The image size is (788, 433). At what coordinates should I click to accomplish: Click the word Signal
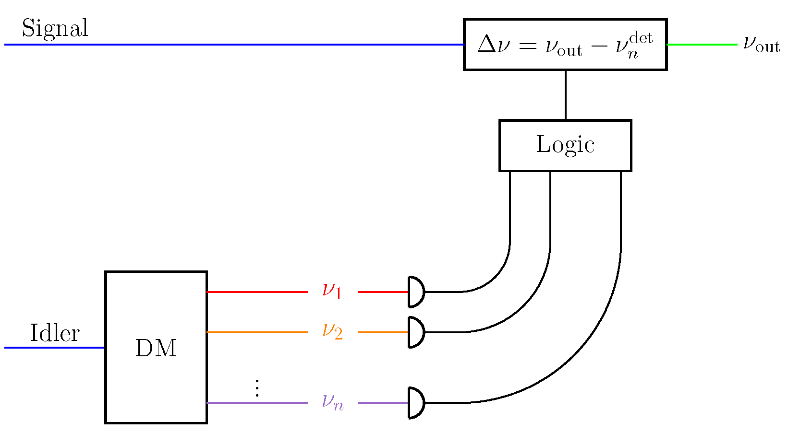click(x=55, y=29)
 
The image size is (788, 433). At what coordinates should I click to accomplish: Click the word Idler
click(x=54, y=333)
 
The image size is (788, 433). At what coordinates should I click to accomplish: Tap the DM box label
click(x=156, y=348)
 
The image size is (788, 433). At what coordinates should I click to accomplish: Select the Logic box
click(x=565, y=145)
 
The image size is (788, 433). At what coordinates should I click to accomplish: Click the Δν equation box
click(x=565, y=45)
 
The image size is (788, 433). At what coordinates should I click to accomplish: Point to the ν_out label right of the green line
click(x=761, y=44)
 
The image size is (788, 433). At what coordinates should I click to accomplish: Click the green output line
click(x=702, y=45)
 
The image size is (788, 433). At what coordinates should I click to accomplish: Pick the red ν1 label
click(x=332, y=291)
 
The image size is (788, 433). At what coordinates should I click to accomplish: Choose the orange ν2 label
click(x=332, y=331)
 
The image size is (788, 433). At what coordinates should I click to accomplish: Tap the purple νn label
click(x=332, y=402)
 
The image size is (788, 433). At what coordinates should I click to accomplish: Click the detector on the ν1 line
click(x=416, y=292)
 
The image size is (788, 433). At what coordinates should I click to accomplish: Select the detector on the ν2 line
click(x=416, y=332)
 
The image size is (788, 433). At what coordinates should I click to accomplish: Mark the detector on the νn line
click(x=416, y=403)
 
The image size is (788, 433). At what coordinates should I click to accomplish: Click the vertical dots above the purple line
click(x=257, y=388)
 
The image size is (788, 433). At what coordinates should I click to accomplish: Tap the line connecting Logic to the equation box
click(x=566, y=95)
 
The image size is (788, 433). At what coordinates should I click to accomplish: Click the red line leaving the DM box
click(x=257, y=292)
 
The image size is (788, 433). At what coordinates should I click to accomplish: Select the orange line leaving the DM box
click(x=257, y=332)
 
